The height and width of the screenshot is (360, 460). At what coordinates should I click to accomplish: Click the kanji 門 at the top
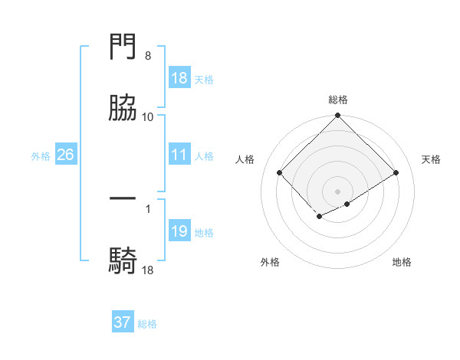123,47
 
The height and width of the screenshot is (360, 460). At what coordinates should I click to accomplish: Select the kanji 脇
123,108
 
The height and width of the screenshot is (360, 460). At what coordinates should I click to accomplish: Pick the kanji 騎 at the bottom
123,260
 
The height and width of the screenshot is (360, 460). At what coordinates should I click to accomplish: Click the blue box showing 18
179,78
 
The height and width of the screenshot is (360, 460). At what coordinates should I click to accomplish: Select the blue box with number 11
179,155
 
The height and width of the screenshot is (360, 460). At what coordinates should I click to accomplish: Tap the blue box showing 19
179,231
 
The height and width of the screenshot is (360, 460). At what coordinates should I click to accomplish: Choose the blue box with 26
65,155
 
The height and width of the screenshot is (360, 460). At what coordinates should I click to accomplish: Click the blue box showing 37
123,322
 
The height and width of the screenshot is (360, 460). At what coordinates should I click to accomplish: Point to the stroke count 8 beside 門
148,56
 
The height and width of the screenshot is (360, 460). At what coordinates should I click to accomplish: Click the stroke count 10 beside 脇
148,117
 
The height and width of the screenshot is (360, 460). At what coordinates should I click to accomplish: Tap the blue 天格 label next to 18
204,79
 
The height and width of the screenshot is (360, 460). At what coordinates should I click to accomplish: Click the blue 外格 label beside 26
41,155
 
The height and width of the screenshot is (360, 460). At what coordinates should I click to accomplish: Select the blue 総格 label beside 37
147,324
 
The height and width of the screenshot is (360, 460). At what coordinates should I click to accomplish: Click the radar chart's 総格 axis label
338,100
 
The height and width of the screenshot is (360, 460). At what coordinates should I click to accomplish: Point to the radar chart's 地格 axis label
402,262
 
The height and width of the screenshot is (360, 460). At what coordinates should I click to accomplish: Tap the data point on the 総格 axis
338,116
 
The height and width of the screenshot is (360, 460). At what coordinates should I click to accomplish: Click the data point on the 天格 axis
396,172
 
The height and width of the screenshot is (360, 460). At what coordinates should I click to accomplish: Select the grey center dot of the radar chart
338,191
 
